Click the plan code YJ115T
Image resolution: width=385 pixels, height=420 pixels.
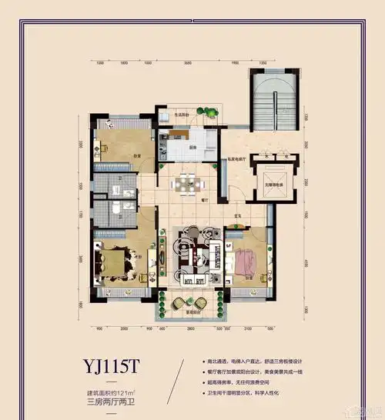pyautogui.click(x=107, y=365)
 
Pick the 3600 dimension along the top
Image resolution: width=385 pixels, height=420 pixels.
pyautogui.click(x=187, y=64)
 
